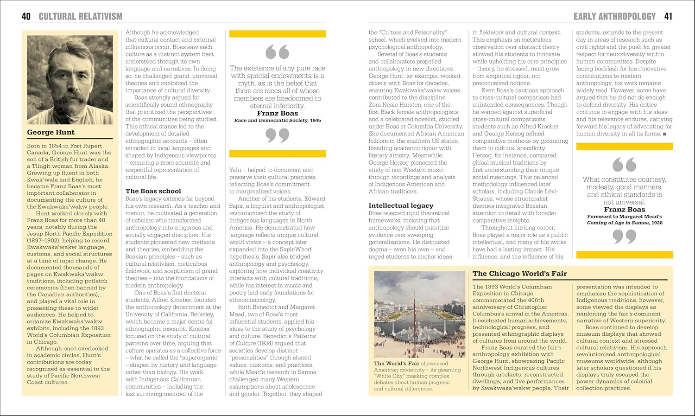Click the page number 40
[x=26, y=17]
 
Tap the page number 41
[x=668, y=17]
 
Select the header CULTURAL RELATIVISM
[x=80, y=17]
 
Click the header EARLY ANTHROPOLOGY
[x=614, y=17]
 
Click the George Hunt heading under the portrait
[x=51, y=132]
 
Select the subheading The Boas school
[x=153, y=191]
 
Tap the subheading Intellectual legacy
[x=401, y=205]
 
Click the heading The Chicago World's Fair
[x=519, y=274]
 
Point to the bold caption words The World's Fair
[x=397, y=364]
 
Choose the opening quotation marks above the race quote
[x=277, y=52]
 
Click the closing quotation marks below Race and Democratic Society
[x=277, y=135]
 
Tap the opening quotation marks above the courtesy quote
[x=624, y=165]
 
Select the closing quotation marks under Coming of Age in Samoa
[x=624, y=237]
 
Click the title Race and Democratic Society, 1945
[x=277, y=121]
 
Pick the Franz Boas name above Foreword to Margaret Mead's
[x=624, y=210]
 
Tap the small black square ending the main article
[x=664, y=134]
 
